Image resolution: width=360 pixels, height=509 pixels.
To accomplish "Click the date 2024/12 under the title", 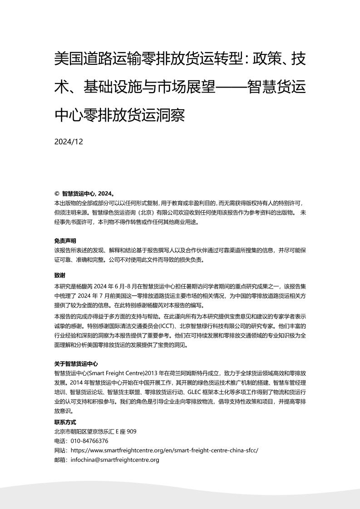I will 69,142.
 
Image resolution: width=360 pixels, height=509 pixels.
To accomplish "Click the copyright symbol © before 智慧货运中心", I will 57,192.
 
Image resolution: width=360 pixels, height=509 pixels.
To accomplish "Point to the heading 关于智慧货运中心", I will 76,364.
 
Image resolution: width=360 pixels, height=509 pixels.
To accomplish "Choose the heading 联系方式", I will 65,422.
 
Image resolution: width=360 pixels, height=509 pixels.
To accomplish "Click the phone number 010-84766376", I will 89,441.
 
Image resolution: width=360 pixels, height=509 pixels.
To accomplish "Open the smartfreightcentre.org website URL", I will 165,450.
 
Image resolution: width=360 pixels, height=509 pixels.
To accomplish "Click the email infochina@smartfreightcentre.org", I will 115,460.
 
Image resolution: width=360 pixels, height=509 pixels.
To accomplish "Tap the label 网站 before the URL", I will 59,450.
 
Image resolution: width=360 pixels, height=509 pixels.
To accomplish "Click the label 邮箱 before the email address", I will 59,460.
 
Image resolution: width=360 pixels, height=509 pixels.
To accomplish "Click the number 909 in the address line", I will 131,431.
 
